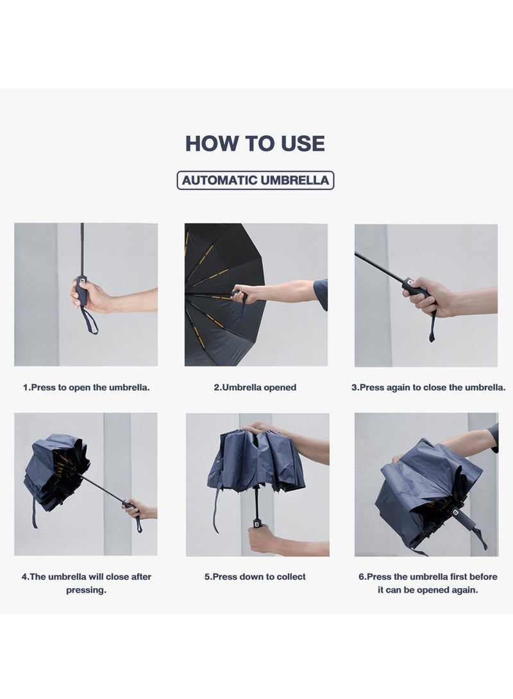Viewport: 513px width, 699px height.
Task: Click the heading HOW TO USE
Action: [x=255, y=144]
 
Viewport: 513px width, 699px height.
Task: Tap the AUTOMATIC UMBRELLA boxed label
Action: [x=255, y=180]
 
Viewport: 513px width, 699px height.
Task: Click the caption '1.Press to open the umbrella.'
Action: [x=86, y=388]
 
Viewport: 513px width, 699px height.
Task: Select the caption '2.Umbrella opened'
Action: [x=255, y=388]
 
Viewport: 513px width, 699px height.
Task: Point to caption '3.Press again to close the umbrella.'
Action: [x=428, y=388]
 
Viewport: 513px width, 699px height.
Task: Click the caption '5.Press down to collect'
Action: [x=255, y=577]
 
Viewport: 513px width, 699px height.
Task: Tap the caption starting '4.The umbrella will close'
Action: [x=86, y=583]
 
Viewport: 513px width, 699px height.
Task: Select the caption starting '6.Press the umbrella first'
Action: [x=428, y=583]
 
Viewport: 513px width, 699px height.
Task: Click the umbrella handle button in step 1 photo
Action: [x=83, y=281]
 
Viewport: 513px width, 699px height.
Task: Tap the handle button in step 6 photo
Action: [x=455, y=513]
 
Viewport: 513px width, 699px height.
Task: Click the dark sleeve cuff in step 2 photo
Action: [x=321, y=295]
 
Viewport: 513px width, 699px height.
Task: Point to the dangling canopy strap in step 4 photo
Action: [x=34, y=513]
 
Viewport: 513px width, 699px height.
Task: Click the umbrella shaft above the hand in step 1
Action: [x=82, y=250]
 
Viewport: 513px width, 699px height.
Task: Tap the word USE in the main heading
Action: [x=303, y=144]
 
